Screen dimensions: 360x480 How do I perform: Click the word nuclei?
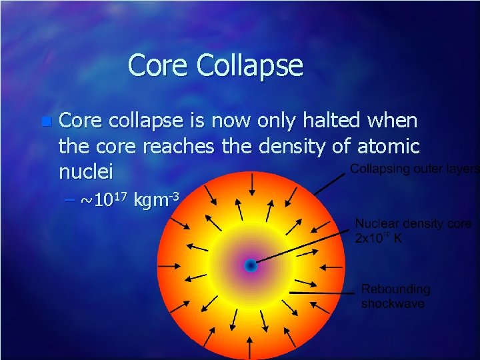86,172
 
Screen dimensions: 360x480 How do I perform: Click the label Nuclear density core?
413,224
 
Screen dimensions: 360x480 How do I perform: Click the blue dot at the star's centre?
250,265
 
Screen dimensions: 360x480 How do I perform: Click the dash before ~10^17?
70,199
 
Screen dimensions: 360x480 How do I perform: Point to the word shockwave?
393,304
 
